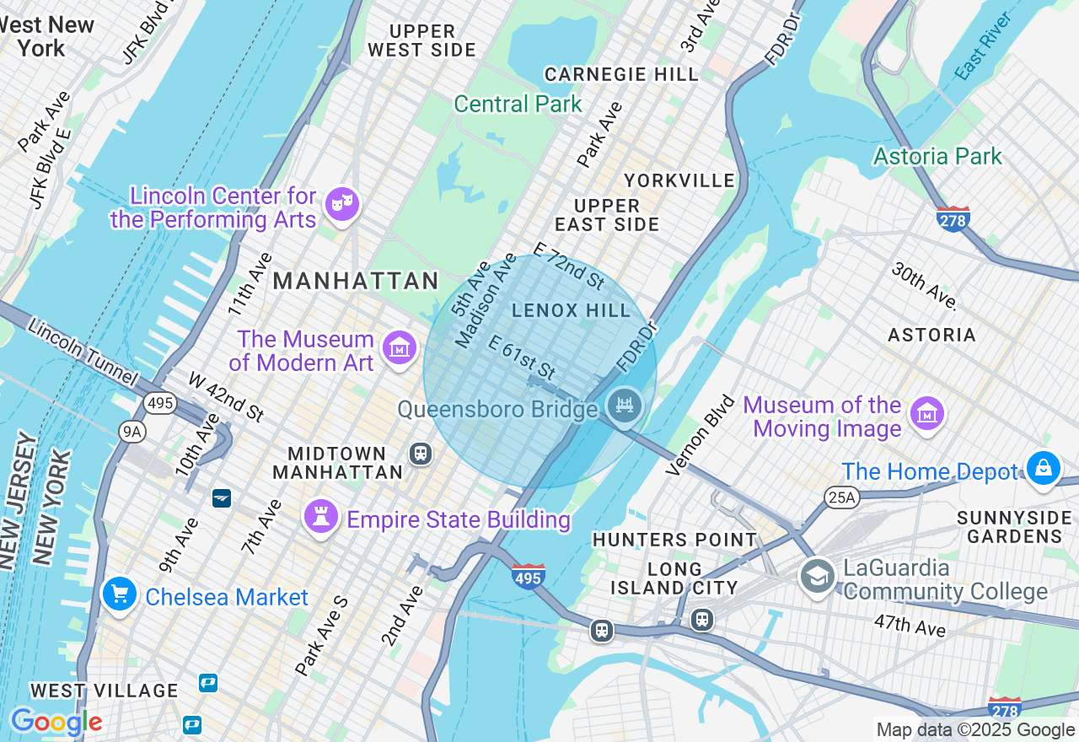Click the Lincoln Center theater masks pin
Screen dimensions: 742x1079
click(x=341, y=204)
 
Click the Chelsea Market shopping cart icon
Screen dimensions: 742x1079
click(x=119, y=594)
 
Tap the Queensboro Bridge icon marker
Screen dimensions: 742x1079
click(x=625, y=406)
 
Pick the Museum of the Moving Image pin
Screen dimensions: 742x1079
click(x=927, y=413)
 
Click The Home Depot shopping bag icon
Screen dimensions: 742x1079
click(x=1043, y=467)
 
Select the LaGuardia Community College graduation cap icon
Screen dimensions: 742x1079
click(x=817, y=577)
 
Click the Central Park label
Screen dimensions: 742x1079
click(x=518, y=105)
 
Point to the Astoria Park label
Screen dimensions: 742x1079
click(x=937, y=156)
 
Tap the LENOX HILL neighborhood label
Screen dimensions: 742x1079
click(x=572, y=311)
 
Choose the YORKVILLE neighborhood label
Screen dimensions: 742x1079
click(x=679, y=181)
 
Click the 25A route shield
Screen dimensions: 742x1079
click(x=840, y=498)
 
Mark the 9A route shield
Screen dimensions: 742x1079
click(x=132, y=433)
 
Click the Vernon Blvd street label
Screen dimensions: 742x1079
click(x=701, y=434)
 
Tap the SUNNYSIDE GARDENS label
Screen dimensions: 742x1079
click(x=1014, y=526)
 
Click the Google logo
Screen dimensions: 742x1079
click(x=56, y=722)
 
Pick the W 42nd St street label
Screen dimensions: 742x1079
click(x=226, y=396)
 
